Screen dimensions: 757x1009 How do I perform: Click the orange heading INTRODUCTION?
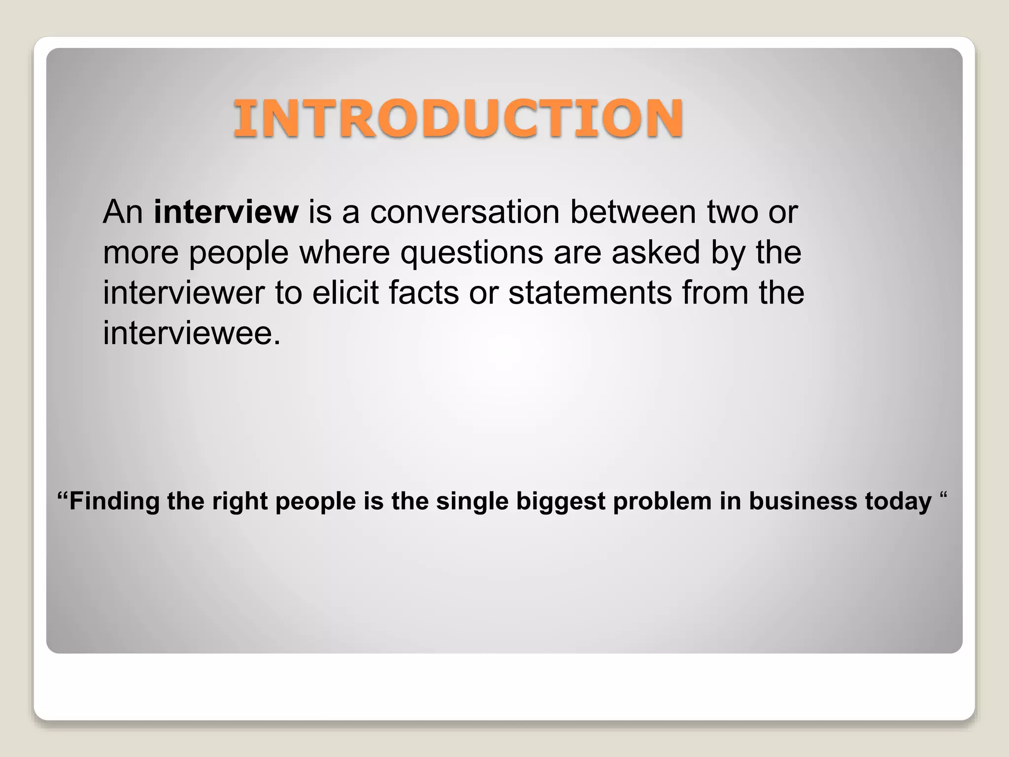point(458,118)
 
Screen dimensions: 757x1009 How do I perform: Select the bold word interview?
point(226,212)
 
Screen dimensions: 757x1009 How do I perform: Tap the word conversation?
point(465,212)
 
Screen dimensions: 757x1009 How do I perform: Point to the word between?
point(633,212)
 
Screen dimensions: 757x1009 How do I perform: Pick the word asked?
point(655,252)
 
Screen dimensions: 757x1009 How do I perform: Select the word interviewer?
point(184,293)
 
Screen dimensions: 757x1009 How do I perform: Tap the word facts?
point(424,293)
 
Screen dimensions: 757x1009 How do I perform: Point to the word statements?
point(590,293)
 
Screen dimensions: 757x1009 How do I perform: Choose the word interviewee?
point(192,333)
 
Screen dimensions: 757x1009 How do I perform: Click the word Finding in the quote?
point(114,501)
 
